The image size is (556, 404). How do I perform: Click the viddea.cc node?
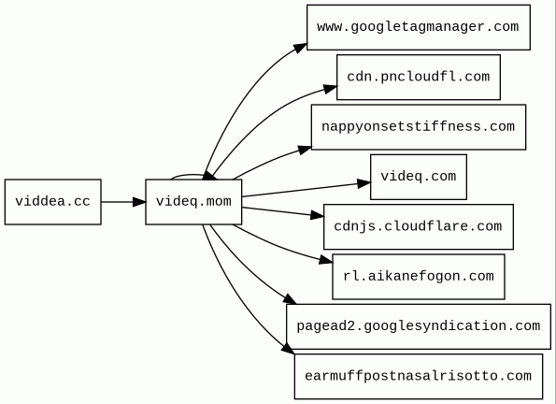tap(53, 202)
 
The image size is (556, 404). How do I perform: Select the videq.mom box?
tap(193, 202)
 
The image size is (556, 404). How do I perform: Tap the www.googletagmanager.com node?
tap(419, 27)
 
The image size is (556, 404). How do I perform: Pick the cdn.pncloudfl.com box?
tap(419, 78)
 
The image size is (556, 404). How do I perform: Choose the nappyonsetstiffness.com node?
tap(419, 127)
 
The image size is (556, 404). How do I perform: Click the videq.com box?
tap(419, 177)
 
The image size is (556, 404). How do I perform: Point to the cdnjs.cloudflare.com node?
tap(419, 227)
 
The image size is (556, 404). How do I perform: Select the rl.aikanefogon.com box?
tap(419, 277)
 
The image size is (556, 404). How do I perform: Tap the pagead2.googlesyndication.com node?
tap(419, 326)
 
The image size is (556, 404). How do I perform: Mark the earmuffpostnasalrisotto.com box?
tap(419, 377)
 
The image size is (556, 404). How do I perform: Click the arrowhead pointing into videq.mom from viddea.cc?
tap(139, 202)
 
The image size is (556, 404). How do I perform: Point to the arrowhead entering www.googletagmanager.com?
tap(301, 48)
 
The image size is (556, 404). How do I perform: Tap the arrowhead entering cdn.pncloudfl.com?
tap(330, 89)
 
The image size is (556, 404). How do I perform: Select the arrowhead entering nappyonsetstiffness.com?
tap(305, 150)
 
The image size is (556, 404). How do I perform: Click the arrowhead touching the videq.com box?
tap(364, 183)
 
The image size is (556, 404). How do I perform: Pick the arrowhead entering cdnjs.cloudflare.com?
tap(317, 215)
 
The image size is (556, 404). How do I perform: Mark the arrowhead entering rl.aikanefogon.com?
tap(326, 261)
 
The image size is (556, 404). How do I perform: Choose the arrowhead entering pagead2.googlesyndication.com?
tap(290, 299)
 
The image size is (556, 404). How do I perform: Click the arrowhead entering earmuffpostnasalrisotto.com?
tap(288, 348)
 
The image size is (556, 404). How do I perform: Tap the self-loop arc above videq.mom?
tap(188, 175)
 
